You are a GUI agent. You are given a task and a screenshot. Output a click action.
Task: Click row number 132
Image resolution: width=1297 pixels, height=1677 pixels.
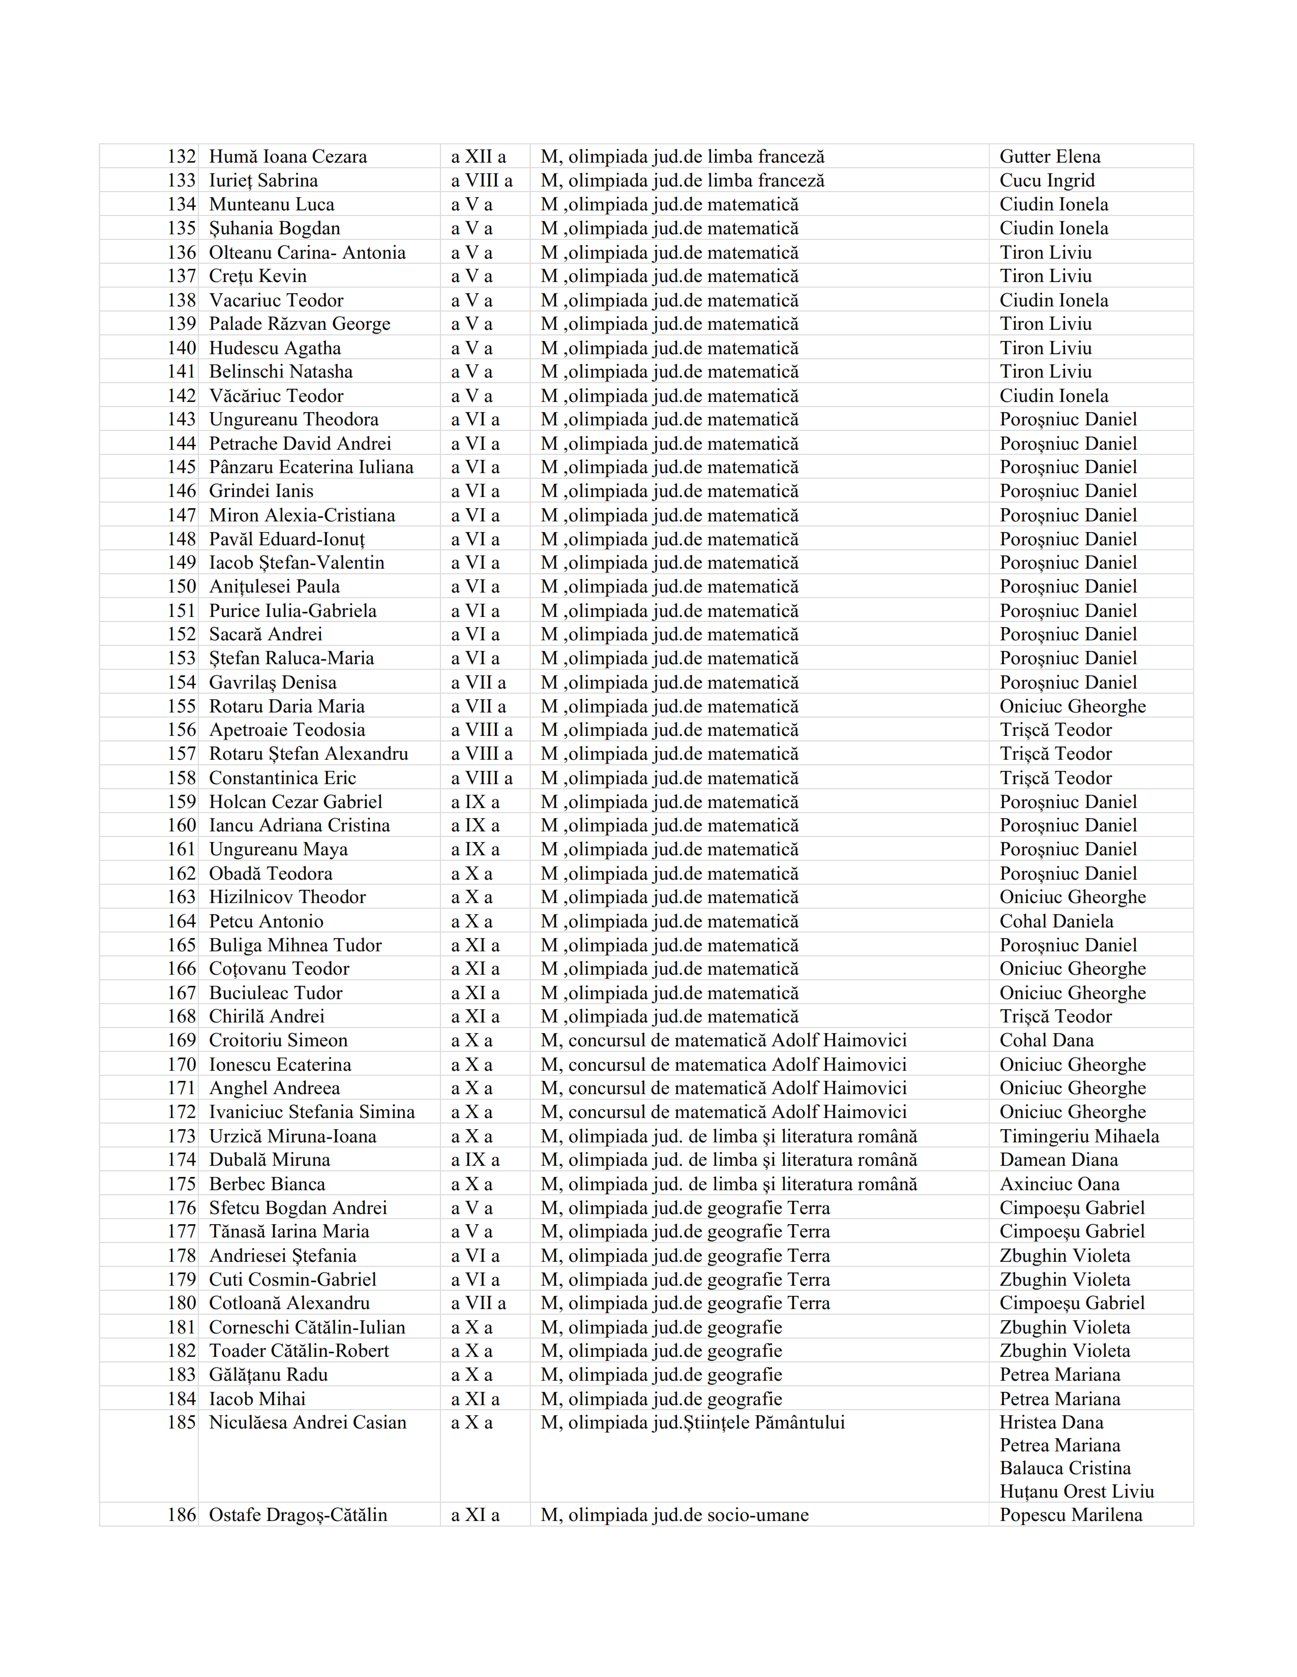click(x=182, y=157)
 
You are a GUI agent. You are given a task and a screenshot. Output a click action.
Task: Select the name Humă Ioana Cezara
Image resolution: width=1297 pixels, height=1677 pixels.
click(x=287, y=157)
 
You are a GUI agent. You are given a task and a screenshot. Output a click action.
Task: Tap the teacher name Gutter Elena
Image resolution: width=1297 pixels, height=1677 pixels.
click(x=1050, y=157)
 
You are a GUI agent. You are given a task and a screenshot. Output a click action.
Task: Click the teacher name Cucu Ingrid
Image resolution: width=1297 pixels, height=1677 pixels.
click(x=1047, y=180)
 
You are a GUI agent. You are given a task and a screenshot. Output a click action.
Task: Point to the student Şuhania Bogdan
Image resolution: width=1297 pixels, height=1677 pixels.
click(x=274, y=228)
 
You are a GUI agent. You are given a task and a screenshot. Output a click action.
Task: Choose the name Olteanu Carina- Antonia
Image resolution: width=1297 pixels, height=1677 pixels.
click(x=307, y=253)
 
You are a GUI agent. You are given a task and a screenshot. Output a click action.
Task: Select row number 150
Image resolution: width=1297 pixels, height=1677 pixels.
click(x=182, y=586)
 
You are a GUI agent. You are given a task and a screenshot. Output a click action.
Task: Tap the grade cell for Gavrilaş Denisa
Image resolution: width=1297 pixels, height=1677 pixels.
click(x=478, y=682)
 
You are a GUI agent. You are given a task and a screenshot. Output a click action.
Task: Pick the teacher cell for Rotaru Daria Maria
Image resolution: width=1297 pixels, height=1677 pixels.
click(x=1072, y=706)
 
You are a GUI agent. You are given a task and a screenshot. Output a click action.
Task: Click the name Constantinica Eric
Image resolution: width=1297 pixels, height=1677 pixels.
click(x=282, y=778)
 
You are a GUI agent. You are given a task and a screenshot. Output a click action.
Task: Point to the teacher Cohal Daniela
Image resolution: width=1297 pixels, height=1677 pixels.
click(x=1056, y=921)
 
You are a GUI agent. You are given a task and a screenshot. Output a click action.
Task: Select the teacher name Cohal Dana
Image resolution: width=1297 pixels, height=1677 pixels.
click(x=1047, y=1040)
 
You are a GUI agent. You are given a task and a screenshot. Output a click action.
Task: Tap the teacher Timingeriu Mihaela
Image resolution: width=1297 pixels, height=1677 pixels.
click(x=1079, y=1136)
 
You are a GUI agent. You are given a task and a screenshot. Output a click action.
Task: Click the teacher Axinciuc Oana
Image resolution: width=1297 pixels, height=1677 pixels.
click(x=1059, y=1184)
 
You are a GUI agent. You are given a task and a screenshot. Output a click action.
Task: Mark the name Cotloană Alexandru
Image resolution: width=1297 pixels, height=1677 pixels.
click(x=289, y=1303)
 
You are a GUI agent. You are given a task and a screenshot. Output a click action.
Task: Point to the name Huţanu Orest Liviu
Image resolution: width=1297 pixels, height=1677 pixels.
click(x=1076, y=1491)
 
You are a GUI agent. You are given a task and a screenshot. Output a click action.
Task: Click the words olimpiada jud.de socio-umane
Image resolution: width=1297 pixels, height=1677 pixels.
click(x=688, y=1515)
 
